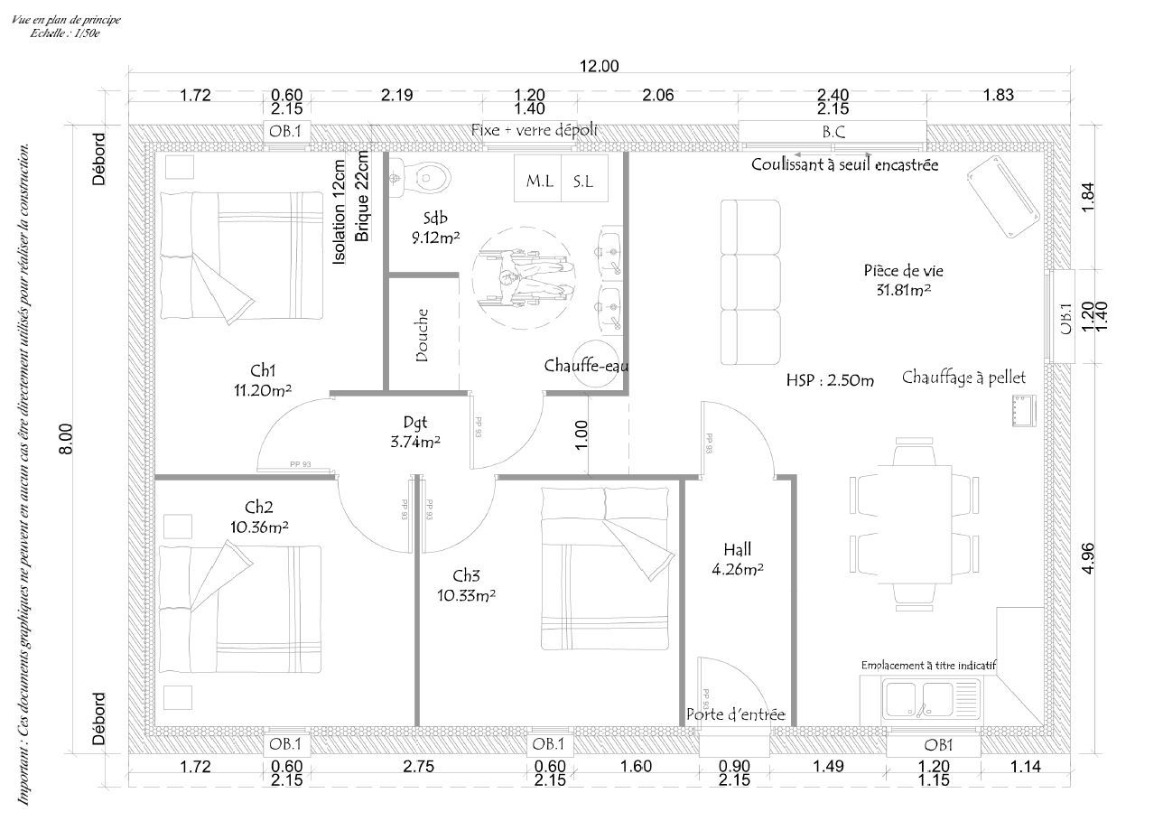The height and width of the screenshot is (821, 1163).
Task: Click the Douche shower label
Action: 423,335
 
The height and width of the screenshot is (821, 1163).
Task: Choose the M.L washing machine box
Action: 539,181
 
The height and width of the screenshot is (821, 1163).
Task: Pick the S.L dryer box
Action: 583,181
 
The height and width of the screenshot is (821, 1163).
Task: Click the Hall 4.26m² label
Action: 737,558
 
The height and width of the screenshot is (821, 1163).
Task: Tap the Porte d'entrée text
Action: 735,714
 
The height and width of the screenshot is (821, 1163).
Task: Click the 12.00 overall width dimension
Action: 600,66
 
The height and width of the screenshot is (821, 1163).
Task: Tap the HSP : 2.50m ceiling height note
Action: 830,380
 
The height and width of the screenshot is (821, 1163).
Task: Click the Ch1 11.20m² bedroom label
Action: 263,380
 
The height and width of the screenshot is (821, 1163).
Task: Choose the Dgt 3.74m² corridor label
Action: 414,431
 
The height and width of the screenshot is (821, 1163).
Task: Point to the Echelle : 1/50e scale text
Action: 64,32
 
